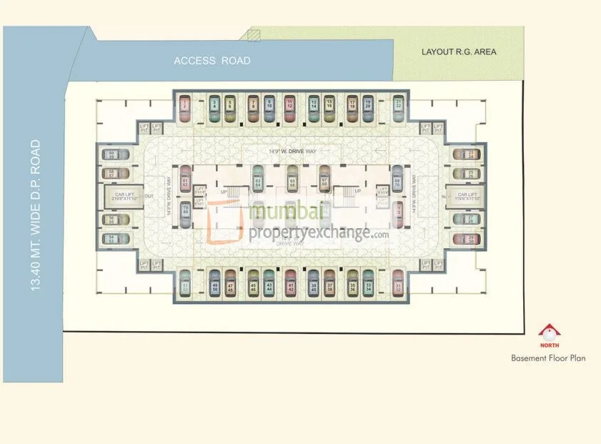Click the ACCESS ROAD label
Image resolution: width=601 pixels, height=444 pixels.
tap(212, 61)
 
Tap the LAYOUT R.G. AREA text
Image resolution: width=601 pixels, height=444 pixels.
tap(459, 51)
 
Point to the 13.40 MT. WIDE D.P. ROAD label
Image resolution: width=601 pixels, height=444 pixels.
tap(35, 215)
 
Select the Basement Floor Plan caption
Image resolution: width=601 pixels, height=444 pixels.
tap(548, 358)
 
